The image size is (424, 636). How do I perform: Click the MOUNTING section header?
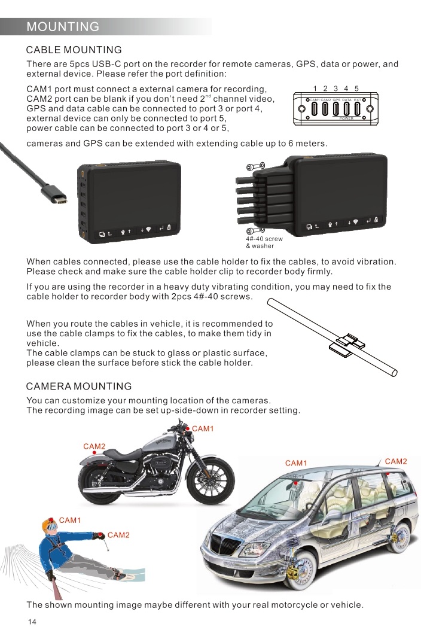coord(63,27)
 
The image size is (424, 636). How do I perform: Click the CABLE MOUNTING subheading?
coord(74,50)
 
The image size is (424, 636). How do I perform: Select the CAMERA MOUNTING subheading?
coord(79,387)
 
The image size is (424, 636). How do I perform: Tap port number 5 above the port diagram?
coord(356,89)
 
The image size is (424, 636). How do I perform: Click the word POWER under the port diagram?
coord(346,118)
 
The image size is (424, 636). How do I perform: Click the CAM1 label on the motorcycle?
coord(203,428)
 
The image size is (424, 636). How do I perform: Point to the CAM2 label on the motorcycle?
coord(94,446)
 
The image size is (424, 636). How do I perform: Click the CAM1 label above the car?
coord(296,463)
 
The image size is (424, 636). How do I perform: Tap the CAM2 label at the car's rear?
coord(395,461)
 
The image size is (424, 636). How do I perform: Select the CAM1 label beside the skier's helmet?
coord(70,520)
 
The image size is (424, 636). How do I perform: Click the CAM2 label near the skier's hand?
coord(118,535)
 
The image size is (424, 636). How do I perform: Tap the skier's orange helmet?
coord(49,527)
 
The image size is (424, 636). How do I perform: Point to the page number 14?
coord(32,622)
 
